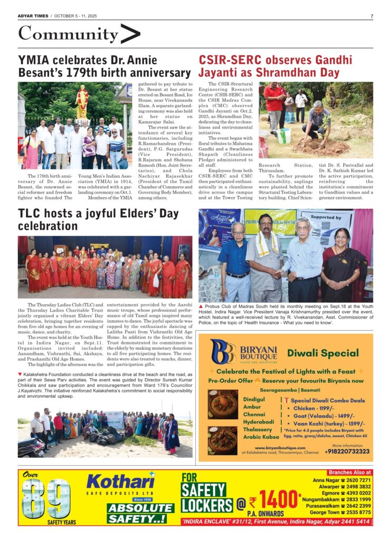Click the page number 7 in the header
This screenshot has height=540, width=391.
pyautogui.click(x=371, y=16)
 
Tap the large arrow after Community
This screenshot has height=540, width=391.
pyautogui.click(x=130, y=34)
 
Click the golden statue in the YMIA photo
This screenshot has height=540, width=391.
pyautogui.click(x=82, y=102)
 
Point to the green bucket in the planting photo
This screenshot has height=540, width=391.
pyautogui.click(x=284, y=136)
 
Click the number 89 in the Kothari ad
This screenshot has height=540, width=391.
pyautogui.click(x=46, y=498)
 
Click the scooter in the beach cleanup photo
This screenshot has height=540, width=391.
pyautogui.click(x=31, y=448)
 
